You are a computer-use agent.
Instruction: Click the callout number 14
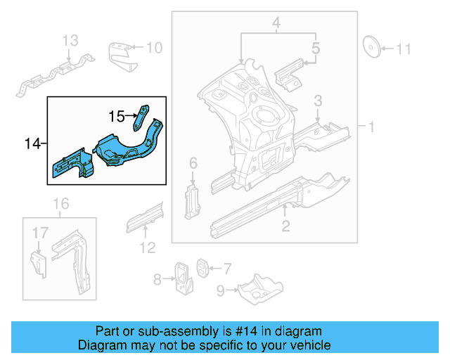pos(32,143)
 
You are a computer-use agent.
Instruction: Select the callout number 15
pos(116,116)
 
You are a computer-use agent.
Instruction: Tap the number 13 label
pos(71,41)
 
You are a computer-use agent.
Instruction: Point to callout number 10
pos(154,47)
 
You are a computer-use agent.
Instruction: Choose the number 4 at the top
pos(277,25)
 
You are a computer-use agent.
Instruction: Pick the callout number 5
pos(316,49)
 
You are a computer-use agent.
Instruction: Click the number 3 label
pos(318,101)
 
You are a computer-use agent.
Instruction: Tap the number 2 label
pos(285,226)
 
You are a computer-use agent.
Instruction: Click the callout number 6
pos(193,164)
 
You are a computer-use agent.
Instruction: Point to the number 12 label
pos(147,246)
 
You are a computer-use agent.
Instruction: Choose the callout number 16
pos(62,204)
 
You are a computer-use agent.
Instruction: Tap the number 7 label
pos(226,267)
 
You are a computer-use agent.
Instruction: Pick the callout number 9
pos(221,290)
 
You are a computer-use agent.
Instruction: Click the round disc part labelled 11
pos(371,46)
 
